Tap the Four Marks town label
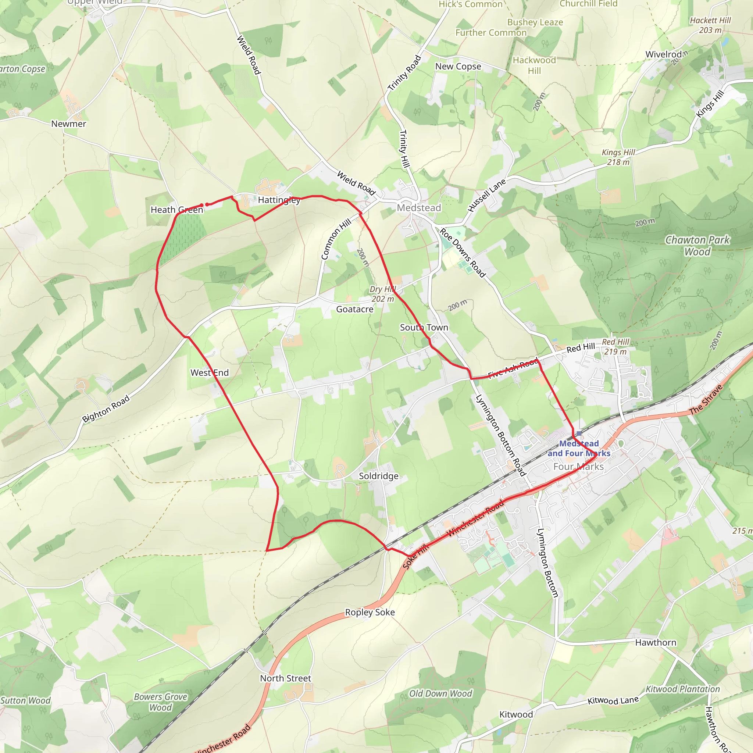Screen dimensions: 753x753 (x=578, y=467)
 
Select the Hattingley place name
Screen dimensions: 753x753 (x=279, y=200)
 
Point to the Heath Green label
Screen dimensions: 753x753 (x=177, y=210)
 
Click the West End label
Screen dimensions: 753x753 (x=209, y=372)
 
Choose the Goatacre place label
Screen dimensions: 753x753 (x=355, y=309)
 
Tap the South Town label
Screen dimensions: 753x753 (x=424, y=327)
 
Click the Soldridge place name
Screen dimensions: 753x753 (x=378, y=476)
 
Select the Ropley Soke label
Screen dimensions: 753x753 (x=370, y=612)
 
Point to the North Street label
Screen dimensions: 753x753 (x=285, y=678)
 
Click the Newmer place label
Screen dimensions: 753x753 (x=69, y=124)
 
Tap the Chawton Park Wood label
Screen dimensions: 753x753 (x=697, y=246)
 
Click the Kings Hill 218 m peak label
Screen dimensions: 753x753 (x=618, y=157)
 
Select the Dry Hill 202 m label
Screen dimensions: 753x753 (x=382, y=294)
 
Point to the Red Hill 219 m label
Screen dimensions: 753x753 (x=615, y=346)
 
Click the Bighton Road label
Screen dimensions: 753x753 (x=106, y=409)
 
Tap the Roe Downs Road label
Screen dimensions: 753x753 (x=463, y=253)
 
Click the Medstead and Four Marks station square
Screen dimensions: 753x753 (x=579, y=433)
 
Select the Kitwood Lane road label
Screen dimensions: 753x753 (x=613, y=700)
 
